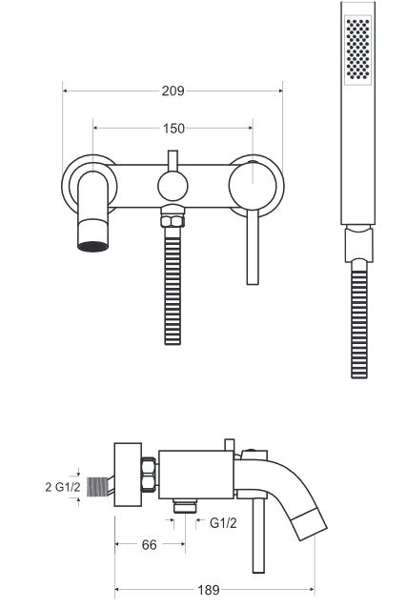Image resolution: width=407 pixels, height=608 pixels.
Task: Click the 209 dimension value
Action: coord(173,91)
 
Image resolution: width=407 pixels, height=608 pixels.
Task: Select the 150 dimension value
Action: coord(173,129)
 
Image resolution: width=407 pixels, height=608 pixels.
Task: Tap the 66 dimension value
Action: coord(150,545)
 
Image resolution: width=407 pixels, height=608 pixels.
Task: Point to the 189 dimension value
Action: coord(209,590)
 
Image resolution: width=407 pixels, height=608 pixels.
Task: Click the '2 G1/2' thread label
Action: coord(63,487)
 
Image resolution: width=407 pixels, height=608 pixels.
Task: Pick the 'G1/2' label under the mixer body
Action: coord(223,523)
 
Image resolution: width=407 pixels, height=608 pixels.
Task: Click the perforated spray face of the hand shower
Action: coord(357,48)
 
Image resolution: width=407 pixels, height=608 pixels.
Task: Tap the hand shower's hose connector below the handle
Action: coord(358,244)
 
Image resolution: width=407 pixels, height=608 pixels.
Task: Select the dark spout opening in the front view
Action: coord(92,246)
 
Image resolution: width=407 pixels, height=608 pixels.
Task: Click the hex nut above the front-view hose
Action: coord(173,220)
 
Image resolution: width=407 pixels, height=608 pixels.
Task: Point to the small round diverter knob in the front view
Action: coord(173,186)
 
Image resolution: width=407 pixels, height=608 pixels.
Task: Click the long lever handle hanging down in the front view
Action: coord(253,247)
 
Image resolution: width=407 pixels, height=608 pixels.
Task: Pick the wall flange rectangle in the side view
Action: coord(128,475)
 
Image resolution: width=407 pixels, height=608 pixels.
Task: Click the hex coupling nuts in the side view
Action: coord(149,476)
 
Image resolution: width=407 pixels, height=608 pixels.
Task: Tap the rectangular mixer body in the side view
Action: coord(196,475)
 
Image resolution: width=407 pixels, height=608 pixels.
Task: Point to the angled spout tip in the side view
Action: coord(309,524)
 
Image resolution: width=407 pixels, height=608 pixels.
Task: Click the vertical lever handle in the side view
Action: coord(258,536)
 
